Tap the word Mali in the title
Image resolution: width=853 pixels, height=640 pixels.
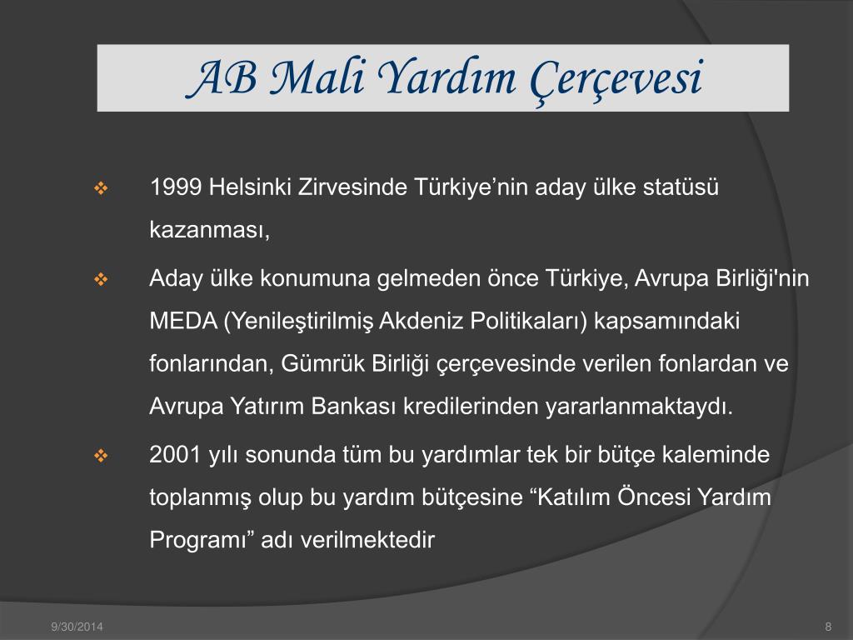coord(317,77)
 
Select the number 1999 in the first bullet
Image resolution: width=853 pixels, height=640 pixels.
coord(176,187)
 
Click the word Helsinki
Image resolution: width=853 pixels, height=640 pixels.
coord(250,187)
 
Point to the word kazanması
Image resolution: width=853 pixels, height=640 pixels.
coord(209,230)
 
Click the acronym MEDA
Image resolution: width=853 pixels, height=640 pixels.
coord(183,321)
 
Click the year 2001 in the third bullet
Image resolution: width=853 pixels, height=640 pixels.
coord(176,454)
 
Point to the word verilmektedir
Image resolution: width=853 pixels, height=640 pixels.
coord(367,540)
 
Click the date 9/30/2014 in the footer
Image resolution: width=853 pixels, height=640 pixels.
coord(77,627)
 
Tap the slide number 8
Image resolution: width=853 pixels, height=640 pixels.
coord(828,627)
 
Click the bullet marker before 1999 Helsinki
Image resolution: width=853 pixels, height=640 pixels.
coord(101,189)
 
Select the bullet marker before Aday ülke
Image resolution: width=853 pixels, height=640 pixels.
coord(101,280)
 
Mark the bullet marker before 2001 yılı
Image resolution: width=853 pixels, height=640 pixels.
coord(101,456)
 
